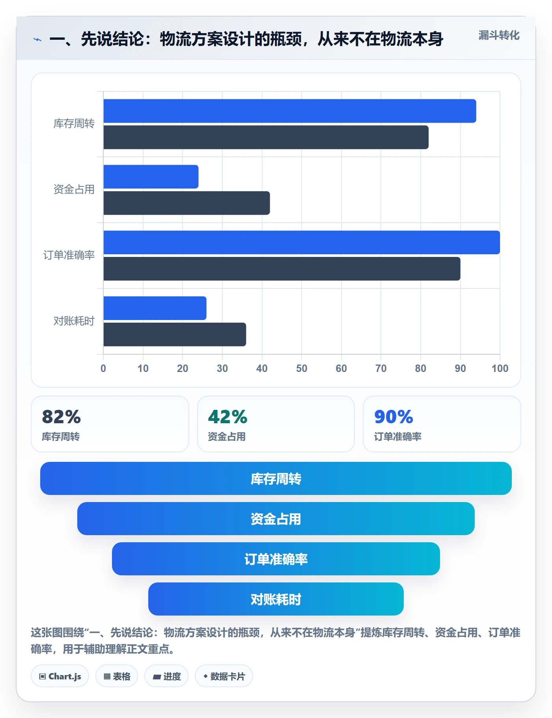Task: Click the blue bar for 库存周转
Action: (290, 111)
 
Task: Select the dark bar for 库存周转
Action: (266, 138)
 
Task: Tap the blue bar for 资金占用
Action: (151, 177)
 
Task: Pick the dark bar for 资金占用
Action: (186, 203)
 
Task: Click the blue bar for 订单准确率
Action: (302, 242)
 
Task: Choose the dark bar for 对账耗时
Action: (175, 335)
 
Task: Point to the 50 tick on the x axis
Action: (302, 368)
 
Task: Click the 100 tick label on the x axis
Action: (500, 368)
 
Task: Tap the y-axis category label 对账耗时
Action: (74, 321)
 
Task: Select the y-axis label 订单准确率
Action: (69, 255)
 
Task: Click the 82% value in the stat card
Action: (62, 417)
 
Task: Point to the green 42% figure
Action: (228, 417)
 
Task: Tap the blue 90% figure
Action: (393, 417)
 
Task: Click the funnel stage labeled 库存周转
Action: (276, 478)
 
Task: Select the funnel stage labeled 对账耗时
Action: (276, 599)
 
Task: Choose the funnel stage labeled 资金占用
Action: (276, 519)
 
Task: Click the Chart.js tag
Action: (60, 676)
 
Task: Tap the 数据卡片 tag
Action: (224, 676)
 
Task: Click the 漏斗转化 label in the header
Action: (499, 35)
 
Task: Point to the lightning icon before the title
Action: (37, 39)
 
